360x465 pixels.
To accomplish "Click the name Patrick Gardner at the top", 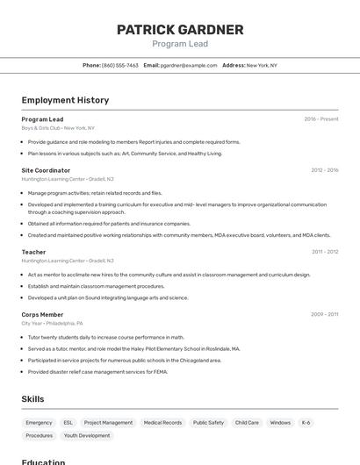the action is pyautogui.click(x=180, y=30).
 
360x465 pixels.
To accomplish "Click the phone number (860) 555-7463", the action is pyautogui.click(x=119, y=65).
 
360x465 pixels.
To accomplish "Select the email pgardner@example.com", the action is pyautogui.click(x=189, y=65).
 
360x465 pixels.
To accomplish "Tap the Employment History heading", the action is pyautogui.click(x=65, y=100).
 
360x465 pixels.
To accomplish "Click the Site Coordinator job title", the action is pyautogui.click(x=46, y=170).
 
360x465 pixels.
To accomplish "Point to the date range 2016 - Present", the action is pyautogui.click(x=321, y=118).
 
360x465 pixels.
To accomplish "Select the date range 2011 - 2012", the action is pyautogui.click(x=325, y=252).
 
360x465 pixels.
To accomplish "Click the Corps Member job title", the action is pyautogui.click(x=42, y=314).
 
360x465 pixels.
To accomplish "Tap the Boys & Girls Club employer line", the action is pyautogui.click(x=58, y=128).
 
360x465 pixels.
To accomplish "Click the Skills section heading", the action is pyautogui.click(x=32, y=399).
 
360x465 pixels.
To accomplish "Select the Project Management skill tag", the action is pyautogui.click(x=108, y=423).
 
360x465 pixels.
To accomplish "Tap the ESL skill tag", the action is pyautogui.click(x=68, y=423).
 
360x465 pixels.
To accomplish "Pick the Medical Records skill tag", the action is pyautogui.click(x=162, y=423).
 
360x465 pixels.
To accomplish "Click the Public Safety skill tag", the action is pyautogui.click(x=208, y=423).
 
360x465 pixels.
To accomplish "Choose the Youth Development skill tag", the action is pyautogui.click(x=87, y=435).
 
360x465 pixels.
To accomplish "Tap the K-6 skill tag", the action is pyautogui.click(x=306, y=423).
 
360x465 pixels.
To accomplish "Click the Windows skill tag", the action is pyautogui.click(x=280, y=423).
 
